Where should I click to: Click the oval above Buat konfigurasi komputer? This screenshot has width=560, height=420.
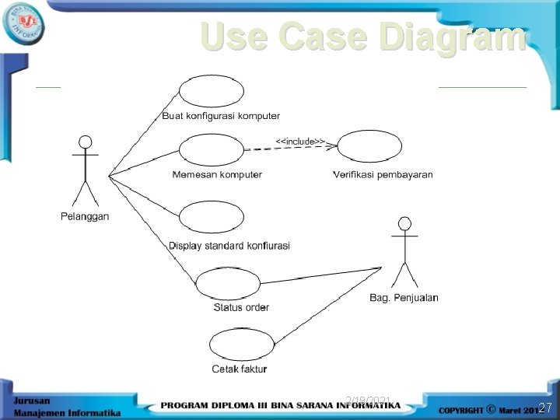click(x=212, y=91)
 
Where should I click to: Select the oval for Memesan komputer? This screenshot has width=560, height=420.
click(x=211, y=151)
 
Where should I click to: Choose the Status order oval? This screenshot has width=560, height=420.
click(x=228, y=283)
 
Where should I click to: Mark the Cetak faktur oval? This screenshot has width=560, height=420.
click(x=242, y=345)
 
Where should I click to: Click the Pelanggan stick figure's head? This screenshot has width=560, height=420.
click(x=86, y=142)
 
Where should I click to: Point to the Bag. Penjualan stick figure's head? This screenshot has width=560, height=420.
click(x=403, y=224)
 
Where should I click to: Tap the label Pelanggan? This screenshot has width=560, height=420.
click(x=86, y=216)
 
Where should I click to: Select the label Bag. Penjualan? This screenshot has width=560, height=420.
click(x=404, y=297)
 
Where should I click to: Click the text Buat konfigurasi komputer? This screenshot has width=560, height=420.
click(x=221, y=116)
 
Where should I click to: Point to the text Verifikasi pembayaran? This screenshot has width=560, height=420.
click(x=383, y=174)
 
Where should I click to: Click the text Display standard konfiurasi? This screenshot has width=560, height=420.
click(x=229, y=246)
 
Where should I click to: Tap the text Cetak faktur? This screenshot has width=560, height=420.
click(x=240, y=369)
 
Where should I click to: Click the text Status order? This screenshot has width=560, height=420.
click(x=241, y=307)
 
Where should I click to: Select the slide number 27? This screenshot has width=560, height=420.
click(x=545, y=407)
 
